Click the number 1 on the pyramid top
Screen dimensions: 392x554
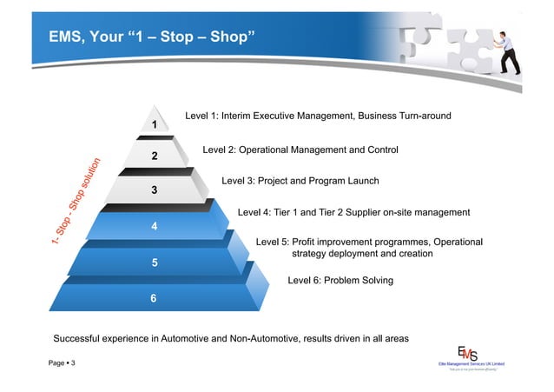click(154, 125)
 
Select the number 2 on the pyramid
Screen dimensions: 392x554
click(154, 156)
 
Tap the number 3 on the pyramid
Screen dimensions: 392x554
click(154, 190)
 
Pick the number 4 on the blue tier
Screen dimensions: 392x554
click(154, 226)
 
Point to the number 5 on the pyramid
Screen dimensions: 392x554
click(155, 262)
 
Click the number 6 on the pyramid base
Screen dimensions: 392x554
click(154, 298)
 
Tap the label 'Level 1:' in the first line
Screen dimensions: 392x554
click(202, 116)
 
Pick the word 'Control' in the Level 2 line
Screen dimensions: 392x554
click(381, 150)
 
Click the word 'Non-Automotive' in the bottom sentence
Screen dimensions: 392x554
click(265, 337)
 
